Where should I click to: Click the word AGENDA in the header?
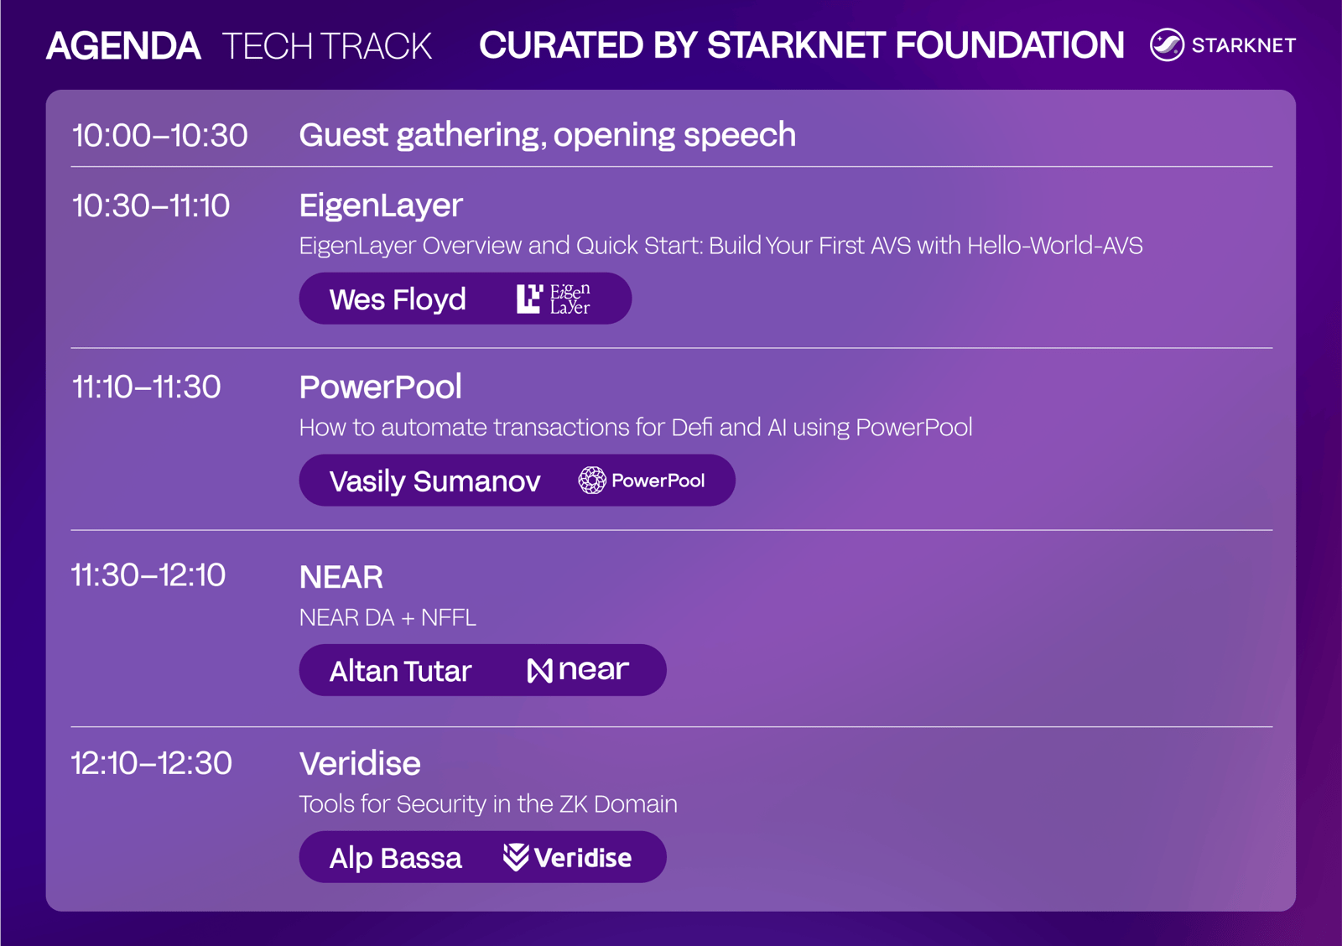coord(123,46)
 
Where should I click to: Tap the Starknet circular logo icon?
coord(1167,45)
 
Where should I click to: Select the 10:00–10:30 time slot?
coord(159,135)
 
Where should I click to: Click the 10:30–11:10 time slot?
coord(150,206)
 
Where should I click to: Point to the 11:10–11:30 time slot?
coord(146,387)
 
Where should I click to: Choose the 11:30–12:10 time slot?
coord(148,575)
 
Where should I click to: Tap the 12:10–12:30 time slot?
coord(151,763)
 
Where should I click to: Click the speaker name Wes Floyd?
coord(398,299)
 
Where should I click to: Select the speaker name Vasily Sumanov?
coord(435,481)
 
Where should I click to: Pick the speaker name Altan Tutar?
coord(400,671)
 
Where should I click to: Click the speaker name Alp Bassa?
coord(395,858)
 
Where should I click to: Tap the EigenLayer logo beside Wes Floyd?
coord(553,299)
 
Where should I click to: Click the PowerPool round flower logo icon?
coord(592,480)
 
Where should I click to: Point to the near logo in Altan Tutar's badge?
coord(578,670)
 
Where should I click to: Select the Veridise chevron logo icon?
coord(515,857)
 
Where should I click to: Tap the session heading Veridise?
coord(360,764)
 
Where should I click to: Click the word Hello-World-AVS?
coord(1054,246)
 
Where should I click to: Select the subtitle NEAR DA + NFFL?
coord(388,618)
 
